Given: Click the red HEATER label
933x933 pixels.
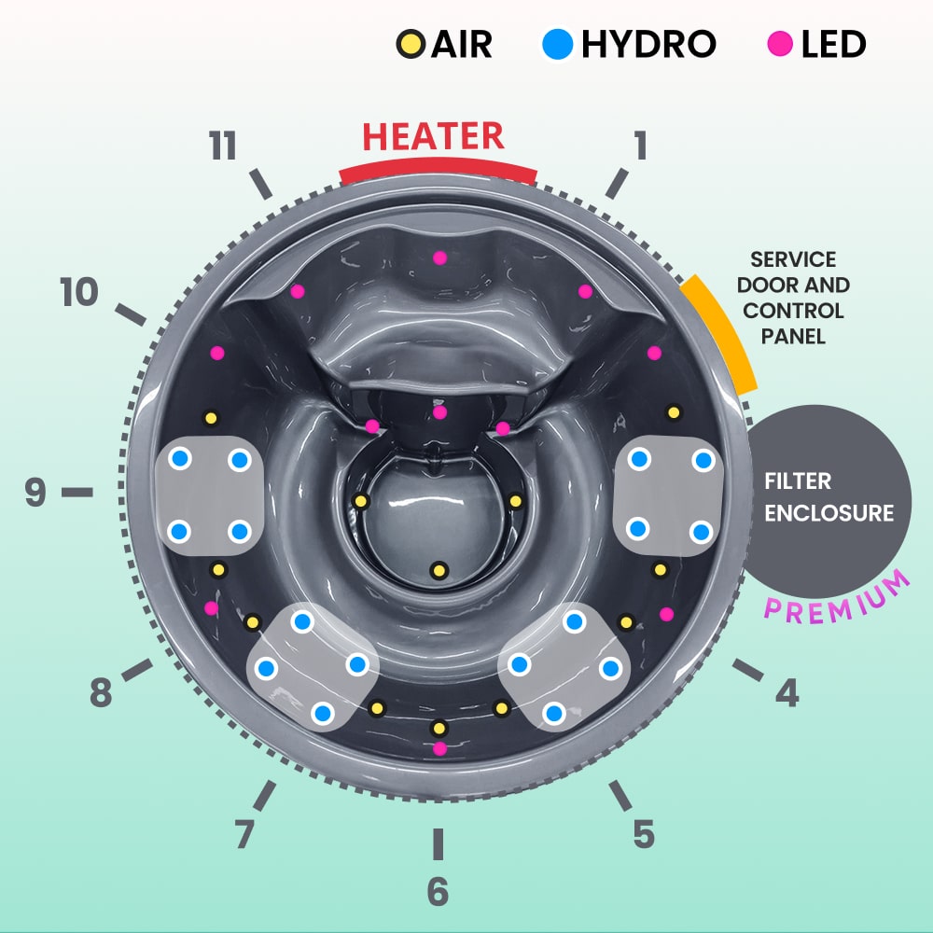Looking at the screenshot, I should coord(433,136).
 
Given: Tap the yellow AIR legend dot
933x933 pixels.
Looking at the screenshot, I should coord(411,44).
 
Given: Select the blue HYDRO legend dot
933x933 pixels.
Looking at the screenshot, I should coord(557,44).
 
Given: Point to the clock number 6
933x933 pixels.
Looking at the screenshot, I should coord(438,892).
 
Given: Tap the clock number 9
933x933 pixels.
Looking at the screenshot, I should coord(35,492).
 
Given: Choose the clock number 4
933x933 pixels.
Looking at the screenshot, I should coord(787,692).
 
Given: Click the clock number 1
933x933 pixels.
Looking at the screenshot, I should coord(639,146).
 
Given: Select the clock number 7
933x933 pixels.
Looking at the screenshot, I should coord(244,833).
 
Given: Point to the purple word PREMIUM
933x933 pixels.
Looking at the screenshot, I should coord(837,596).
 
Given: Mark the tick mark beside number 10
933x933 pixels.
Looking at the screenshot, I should coord(131,313).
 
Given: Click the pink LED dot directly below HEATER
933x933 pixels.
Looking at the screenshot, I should coord(439,257).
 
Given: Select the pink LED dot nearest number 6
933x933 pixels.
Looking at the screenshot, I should coord(439,748).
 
